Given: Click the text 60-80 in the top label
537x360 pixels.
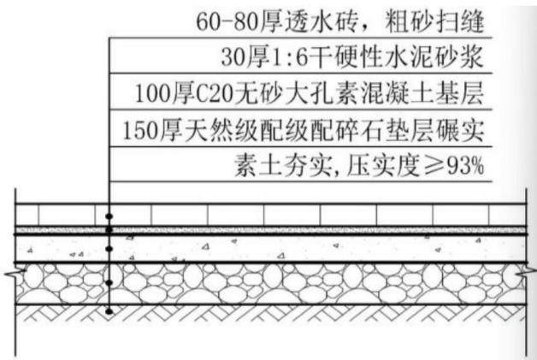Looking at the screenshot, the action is [227, 21].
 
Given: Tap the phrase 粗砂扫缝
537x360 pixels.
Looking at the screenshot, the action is [434, 21].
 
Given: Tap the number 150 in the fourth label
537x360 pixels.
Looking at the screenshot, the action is [140, 130].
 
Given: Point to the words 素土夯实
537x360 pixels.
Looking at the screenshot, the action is [283, 167].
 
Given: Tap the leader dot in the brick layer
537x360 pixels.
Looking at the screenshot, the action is [109, 216].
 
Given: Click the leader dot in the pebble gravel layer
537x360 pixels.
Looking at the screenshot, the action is [109, 282].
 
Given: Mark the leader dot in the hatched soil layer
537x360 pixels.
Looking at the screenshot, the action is [109, 312].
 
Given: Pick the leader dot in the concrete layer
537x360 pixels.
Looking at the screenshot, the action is [109, 249].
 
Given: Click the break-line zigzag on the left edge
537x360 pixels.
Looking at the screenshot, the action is [15, 273].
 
